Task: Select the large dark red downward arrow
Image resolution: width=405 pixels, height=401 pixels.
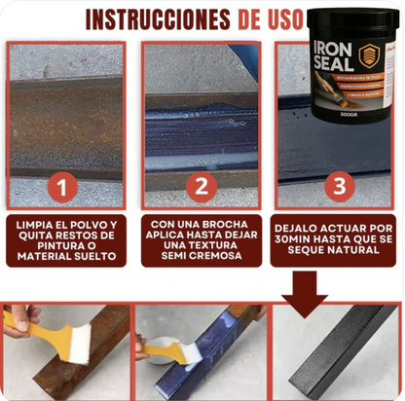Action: pos(310,288)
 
